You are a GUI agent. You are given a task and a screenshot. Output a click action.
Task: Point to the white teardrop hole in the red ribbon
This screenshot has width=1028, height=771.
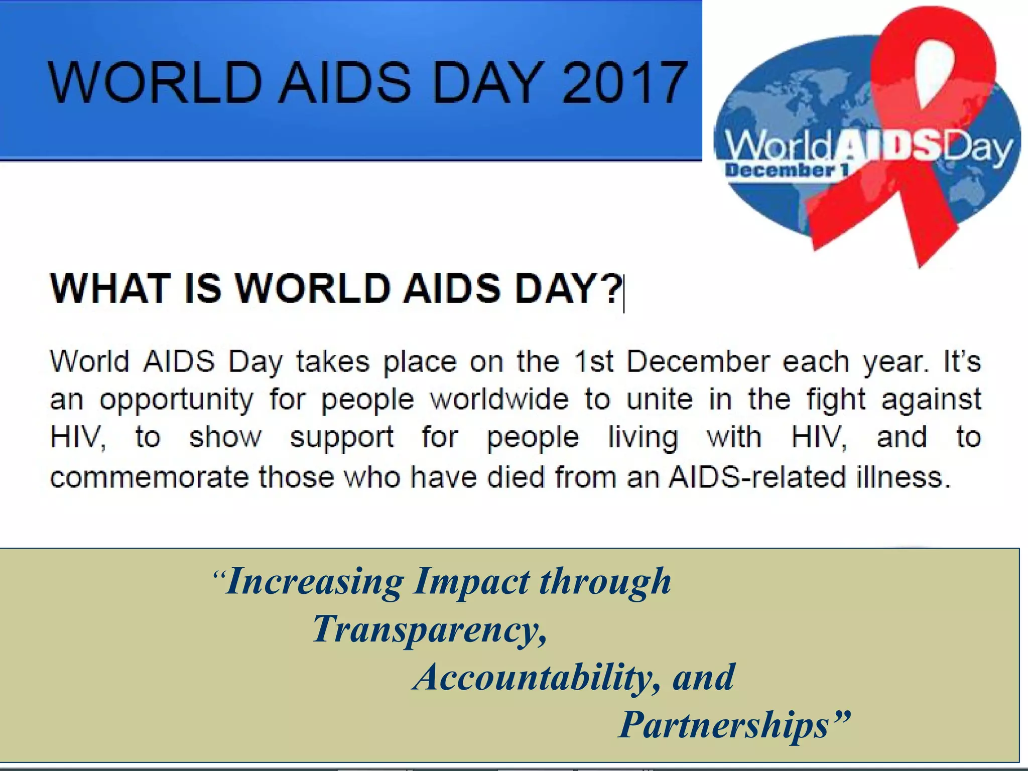(934, 70)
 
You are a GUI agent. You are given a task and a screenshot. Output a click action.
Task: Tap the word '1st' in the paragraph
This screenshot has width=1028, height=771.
(594, 362)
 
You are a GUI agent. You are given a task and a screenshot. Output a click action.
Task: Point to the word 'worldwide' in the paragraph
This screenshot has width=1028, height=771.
(499, 400)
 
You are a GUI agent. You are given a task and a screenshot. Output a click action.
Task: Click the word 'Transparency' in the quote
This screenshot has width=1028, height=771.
(429, 630)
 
